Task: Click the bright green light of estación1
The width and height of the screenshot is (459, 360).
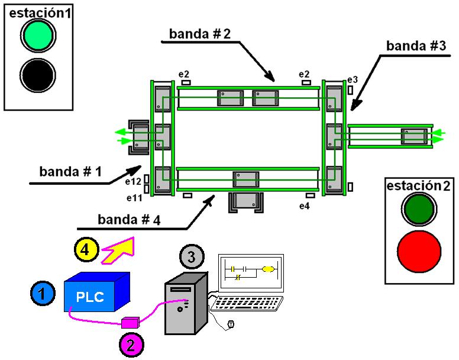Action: pos(38,36)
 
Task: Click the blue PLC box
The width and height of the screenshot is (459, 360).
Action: pos(95,294)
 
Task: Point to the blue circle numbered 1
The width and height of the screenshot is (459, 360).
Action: pos(40,292)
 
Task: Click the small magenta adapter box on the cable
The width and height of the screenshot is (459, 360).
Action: pos(129,322)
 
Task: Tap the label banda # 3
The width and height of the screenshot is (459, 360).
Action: pos(416,46)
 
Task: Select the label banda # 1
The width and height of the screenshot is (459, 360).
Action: pos(70,171)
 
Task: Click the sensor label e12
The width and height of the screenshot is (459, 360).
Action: pos(134,182)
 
